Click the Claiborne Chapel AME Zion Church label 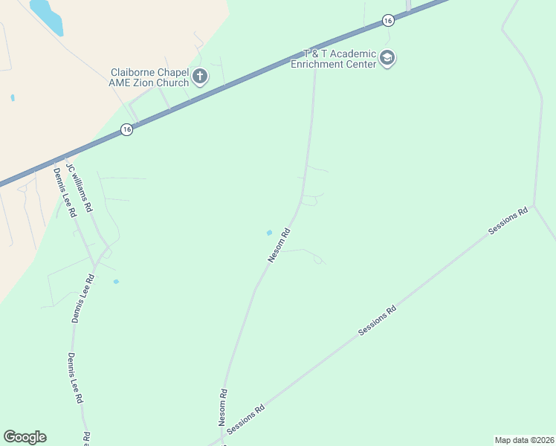click(149, 77)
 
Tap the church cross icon click(200, 75)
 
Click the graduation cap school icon click(387, 58)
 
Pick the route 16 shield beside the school click(387, 21)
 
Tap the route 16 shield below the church click(127, 129)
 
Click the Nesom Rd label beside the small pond click(278, 245)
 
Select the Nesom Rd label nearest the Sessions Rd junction click(222, 407)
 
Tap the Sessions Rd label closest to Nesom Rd click(246, 419)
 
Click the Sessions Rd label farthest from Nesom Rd click(508, 222)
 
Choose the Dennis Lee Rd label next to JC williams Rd click(64, 192)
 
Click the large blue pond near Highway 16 click(47, 16)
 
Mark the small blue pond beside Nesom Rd click(269, 233)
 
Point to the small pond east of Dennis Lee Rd click(115, 282)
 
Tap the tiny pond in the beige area click(13, 97)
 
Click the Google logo click(25, 437)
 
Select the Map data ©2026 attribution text click(524, 440)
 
